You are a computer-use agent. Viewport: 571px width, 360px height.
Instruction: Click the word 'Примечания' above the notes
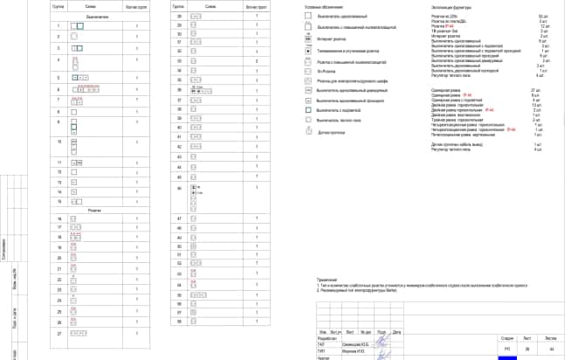coord(327,277)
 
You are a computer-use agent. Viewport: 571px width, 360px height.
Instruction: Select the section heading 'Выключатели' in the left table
coord(98,17)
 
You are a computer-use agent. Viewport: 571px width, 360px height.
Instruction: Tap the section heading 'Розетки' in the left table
coord(98,210)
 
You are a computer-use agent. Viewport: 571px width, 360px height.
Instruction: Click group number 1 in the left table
coord(59,27)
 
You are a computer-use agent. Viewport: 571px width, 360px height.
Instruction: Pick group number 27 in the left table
coord(59,334)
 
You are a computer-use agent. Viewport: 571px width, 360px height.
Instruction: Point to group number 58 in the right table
coord(180,321)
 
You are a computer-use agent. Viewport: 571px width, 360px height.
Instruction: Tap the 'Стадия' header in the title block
coord(506,336)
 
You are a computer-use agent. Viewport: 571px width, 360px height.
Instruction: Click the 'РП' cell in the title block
coord(506,349)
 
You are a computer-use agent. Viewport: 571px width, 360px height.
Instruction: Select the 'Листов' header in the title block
coord(549,336)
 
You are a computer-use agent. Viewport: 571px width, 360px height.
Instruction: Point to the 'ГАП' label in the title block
coord(320,344)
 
